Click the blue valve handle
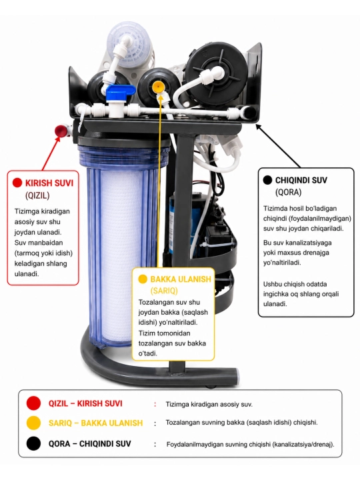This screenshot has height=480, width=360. pyautogui.click(x=121, y=90)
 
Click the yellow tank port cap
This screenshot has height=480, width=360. pyautogui.click(x=158, y=87)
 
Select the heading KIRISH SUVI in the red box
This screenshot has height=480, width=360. pyautogui.click(x=49, y=183)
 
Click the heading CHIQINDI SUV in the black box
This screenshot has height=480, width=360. pyautogui.click(x=301, y=180)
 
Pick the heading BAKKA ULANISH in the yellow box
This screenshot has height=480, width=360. pyautogui.click(x=181, y=279)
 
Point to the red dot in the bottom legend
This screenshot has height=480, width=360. pyautogui.click(x=33, y=403)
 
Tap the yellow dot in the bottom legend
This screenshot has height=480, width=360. pyautogui.click(x=33, y=423)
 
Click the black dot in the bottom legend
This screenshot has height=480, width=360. pyautogui.click(x=33, y=443)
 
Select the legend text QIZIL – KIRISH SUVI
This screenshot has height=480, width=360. pyautogui.click(x=85, y=403)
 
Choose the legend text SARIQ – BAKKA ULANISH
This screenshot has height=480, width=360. pyautogui.click(x=95, y=423)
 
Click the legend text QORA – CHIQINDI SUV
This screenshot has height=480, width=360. pyautogui.click(x=90, y=443)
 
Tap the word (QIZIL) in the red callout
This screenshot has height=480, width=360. pyautogui.click(x=37, y=195)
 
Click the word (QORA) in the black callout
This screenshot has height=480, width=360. pyautogui.click(x=289, y=192)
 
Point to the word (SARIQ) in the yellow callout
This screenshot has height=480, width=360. pyautogui.click(x=164, y=291)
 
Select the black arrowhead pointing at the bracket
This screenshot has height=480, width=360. pyautogui.click(x=259, y=127)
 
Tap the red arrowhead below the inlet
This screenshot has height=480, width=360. pyautogui.click(x=57, y=139)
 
